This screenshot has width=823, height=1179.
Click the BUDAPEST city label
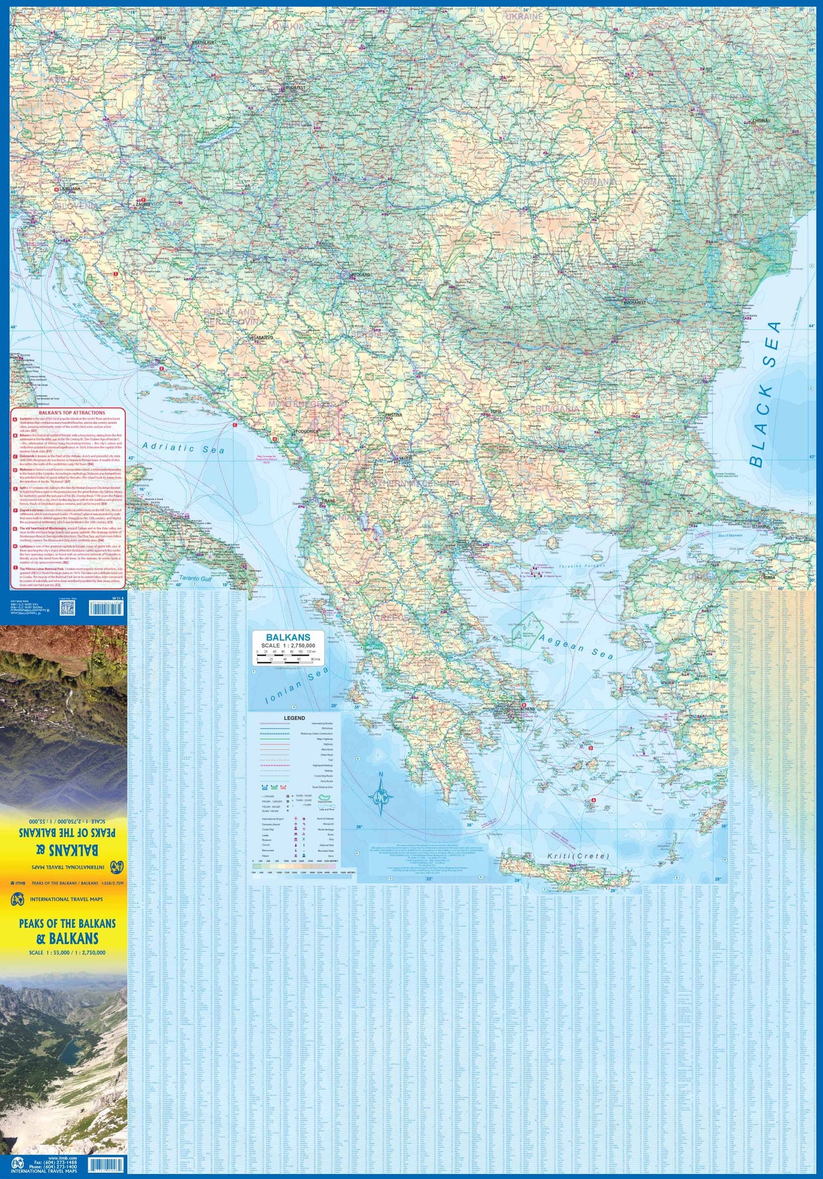[295, 87]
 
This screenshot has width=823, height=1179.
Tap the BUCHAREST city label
[635, 302]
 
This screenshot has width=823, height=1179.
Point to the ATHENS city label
[526, 709]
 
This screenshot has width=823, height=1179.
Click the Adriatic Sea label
[183, 448]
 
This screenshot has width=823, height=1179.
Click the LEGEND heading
[294, 718]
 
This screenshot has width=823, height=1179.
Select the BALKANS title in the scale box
[288, 638]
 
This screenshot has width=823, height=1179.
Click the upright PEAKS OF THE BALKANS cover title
[67, 923]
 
